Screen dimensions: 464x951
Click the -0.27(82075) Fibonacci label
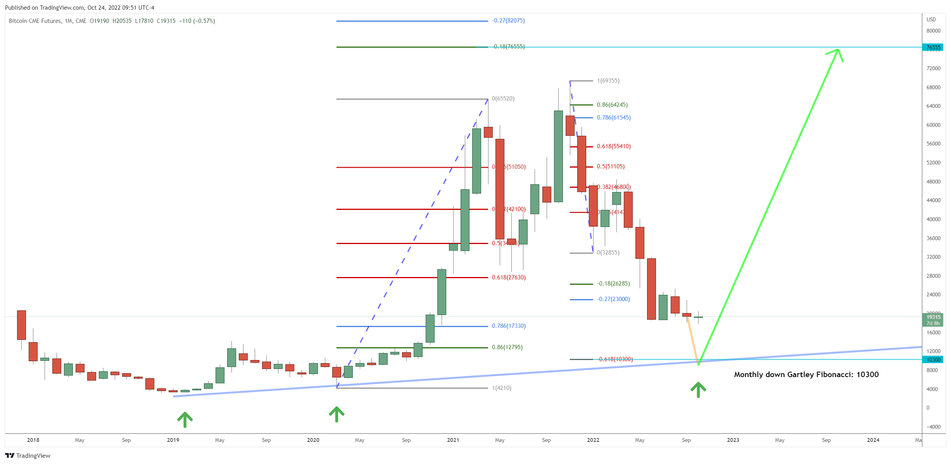tap(508, 21)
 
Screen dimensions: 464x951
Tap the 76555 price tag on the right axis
tap(933, 47)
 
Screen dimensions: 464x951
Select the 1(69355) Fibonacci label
tap(608, 81)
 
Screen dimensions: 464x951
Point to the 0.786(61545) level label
tap(613, 118)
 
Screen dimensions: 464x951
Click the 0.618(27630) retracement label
tap(509, 277)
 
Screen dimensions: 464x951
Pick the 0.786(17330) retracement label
tap(509, 326)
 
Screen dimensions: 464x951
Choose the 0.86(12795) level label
tap(507, 347)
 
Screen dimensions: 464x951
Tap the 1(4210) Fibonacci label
tap(501, 388)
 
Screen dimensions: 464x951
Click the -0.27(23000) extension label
tap(613, 299)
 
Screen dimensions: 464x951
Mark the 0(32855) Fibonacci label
tap(608, 253)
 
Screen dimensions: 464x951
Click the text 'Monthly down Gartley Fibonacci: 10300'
tap(806, 374)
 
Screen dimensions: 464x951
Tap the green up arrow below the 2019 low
tap(185, 419)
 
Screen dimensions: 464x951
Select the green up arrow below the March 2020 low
tap(337, 414)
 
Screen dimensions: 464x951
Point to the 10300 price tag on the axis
tap(933, 360)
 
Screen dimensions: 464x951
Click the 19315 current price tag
tap(933, 317)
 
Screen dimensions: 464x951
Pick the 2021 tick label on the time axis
tap(453, 440)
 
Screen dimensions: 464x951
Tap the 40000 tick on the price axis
tap(933, 219)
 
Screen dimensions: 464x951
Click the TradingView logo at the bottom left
tap(28, 455)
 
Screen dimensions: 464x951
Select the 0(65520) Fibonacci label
tap(503, 99)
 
